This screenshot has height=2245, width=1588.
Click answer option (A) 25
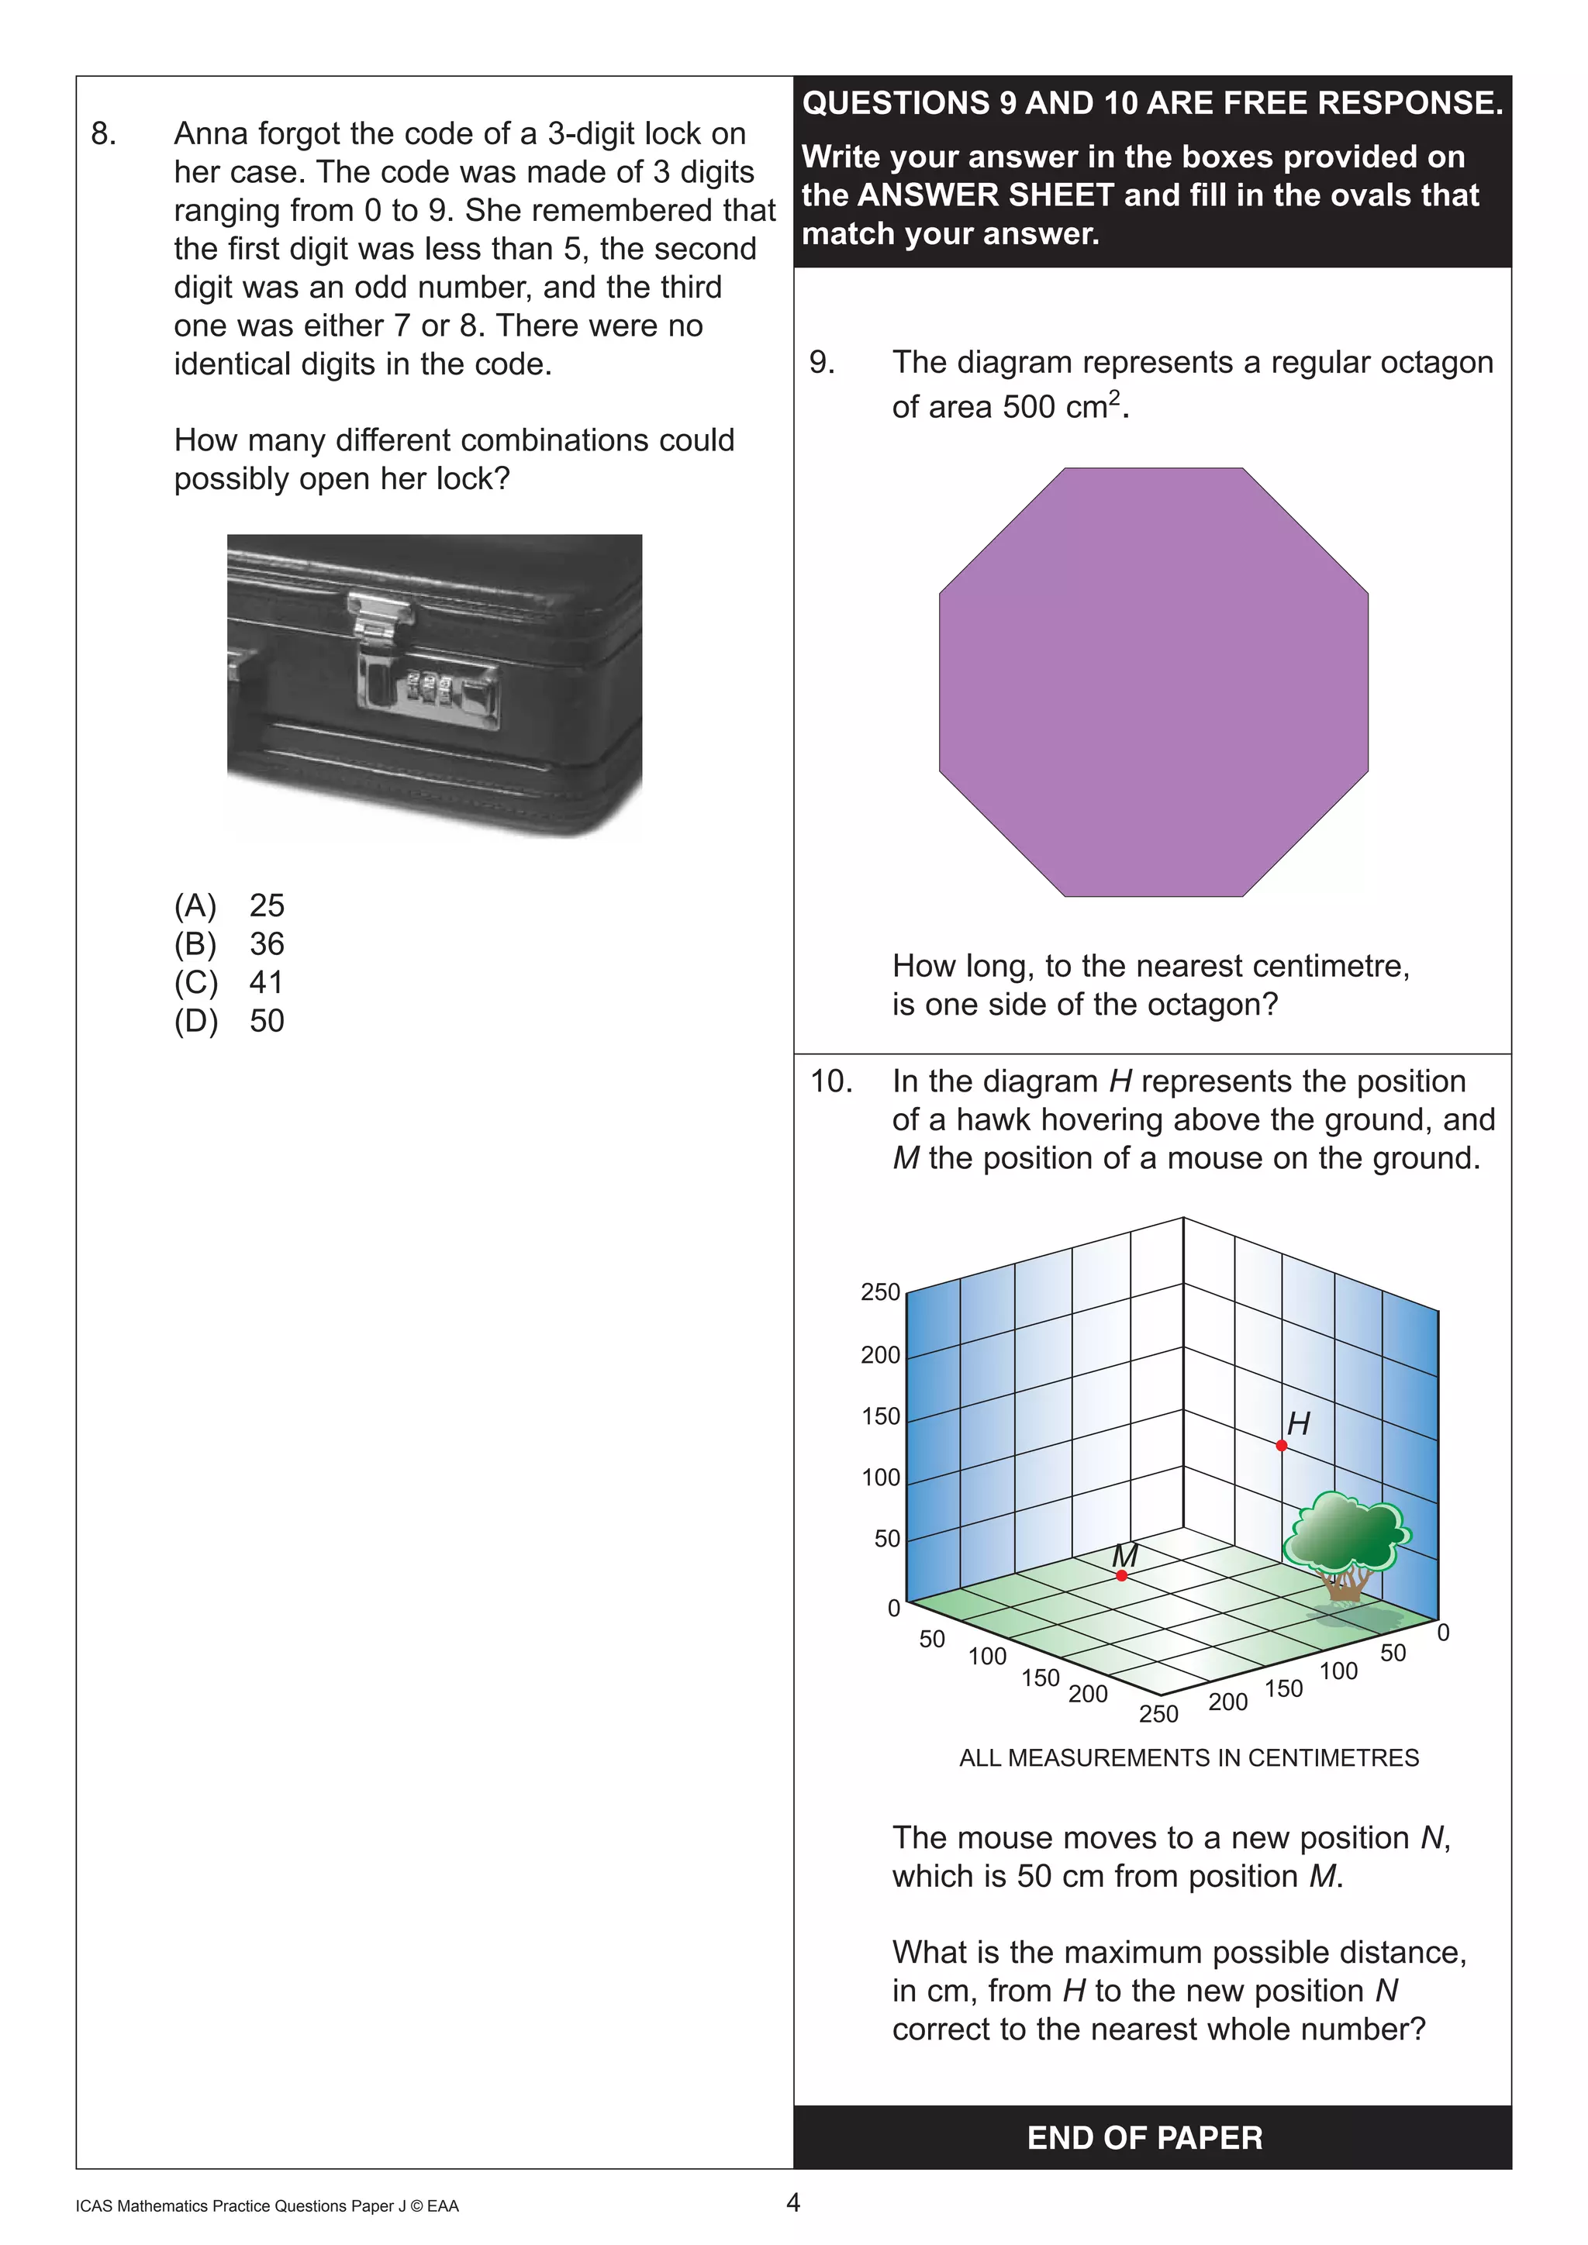click(229, 905)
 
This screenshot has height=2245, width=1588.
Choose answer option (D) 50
click(229, 1021)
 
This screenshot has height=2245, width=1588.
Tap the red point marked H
click(1281, 1445)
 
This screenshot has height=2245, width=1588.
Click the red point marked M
click(1121, 1575)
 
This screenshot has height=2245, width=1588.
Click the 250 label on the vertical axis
click(880, 1291)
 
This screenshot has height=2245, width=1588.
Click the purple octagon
click(1154, 681)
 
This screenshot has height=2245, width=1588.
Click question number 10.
click(830, 1081)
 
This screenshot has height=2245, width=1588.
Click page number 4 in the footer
click(793, 2202)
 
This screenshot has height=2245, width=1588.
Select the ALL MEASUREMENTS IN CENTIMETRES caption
click(1188, 1757)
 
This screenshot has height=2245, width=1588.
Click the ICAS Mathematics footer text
click(266, 2206)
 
